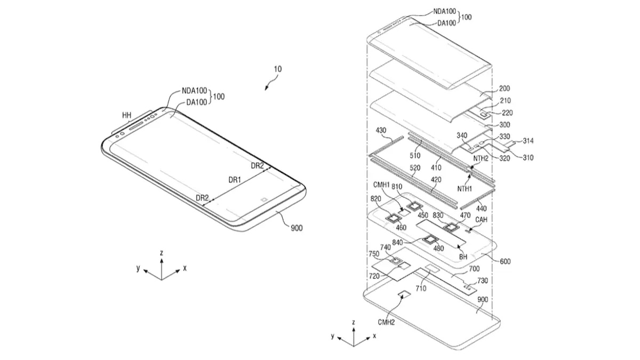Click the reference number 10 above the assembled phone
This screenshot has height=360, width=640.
pyautogui.click(x=278, y=69)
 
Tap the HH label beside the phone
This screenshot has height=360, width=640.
pyautogui.click(x=126, y=115)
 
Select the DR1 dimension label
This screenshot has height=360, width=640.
pyautogui.click(x=235, y=180)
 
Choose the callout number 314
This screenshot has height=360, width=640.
pyautogui.click(x=529, y=141)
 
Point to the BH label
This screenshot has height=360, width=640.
pyautogui.click(x=463, y=257)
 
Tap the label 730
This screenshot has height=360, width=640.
pyautogui.click(x=482, y=281)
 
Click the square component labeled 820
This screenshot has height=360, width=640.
pyautogui.click(x=396, y=218)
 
